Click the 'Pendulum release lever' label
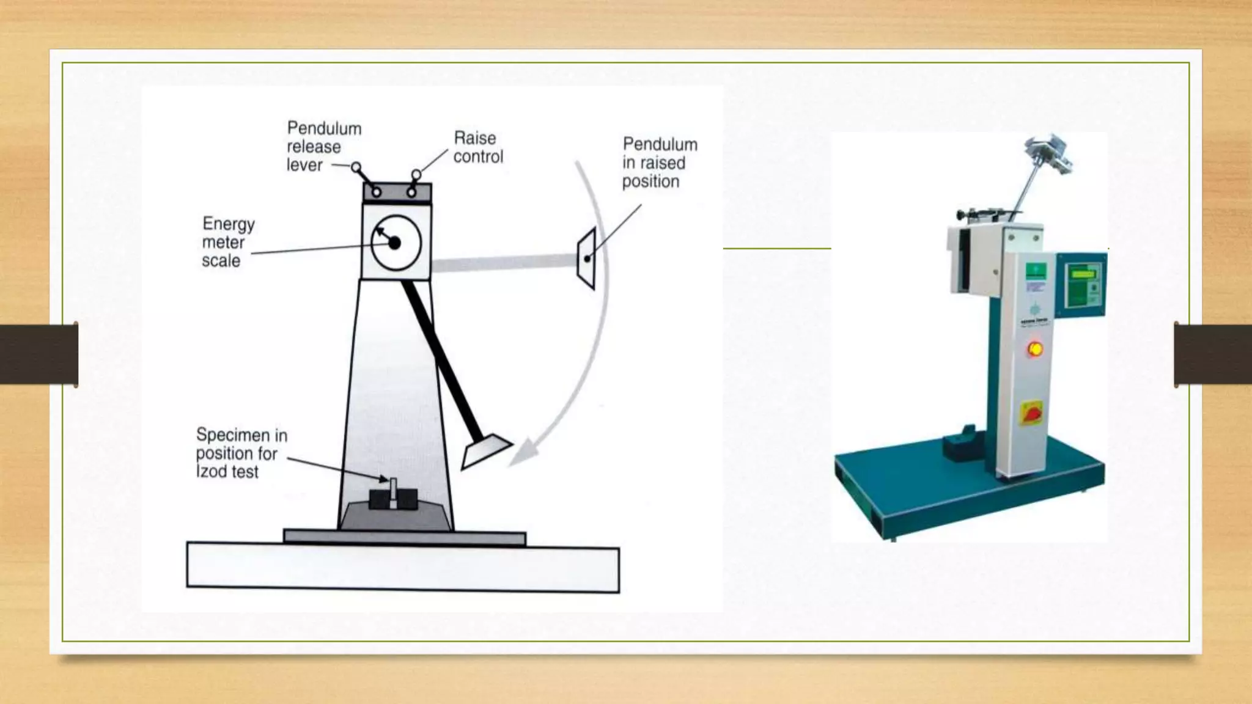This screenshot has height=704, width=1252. tap(324, 147)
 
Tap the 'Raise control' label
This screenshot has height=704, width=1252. tap(477, 147)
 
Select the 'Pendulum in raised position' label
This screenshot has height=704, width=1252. tap(659, 163)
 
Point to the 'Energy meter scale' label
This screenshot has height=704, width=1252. tap(227, 242)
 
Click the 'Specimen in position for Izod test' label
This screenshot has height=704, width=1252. tap(241, 453)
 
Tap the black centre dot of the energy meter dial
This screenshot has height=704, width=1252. tap(394, 243)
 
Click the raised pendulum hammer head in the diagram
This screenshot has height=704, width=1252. tap(587, 258)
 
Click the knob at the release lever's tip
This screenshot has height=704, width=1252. tap(356, 167)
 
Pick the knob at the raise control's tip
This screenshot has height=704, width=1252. tap(416, 175)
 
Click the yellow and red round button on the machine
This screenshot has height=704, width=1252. tap(1035, 349)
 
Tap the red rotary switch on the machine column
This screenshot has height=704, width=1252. tap(1031, 414)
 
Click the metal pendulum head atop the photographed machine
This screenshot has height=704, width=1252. tap(1048, 152)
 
